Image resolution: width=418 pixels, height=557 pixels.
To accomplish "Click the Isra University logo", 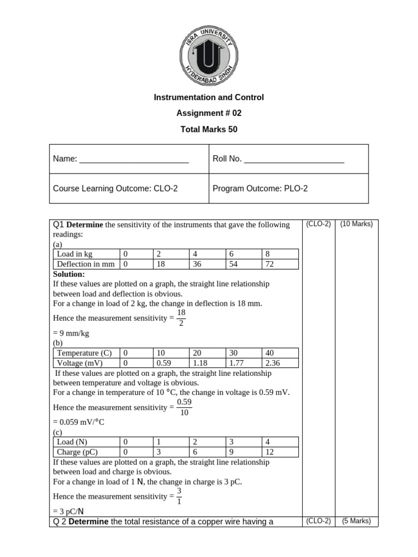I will point(208,55).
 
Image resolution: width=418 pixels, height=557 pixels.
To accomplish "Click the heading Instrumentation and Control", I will point(208,97).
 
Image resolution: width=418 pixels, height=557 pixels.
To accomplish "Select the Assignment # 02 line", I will point(208,114).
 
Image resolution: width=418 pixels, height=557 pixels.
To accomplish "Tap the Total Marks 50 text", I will point(208,129).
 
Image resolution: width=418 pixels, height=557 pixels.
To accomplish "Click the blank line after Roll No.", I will point(294,159).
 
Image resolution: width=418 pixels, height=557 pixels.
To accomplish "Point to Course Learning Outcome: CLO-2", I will point(115,189).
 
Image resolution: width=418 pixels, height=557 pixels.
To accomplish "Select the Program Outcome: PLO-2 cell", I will point(260,189).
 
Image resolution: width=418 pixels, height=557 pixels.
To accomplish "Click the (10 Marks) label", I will point(356,224).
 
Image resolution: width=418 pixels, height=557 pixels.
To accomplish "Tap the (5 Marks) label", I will point(356,521).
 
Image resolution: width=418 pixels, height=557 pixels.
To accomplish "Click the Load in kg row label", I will point(75,254).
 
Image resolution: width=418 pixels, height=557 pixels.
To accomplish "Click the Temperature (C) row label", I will point(84,352).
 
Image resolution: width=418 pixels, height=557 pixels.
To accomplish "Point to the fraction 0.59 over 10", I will point(185,407).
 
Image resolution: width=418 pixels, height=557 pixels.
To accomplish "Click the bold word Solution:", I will point(69,274).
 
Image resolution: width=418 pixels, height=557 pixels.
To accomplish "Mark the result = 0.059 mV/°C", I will point(78,422).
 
